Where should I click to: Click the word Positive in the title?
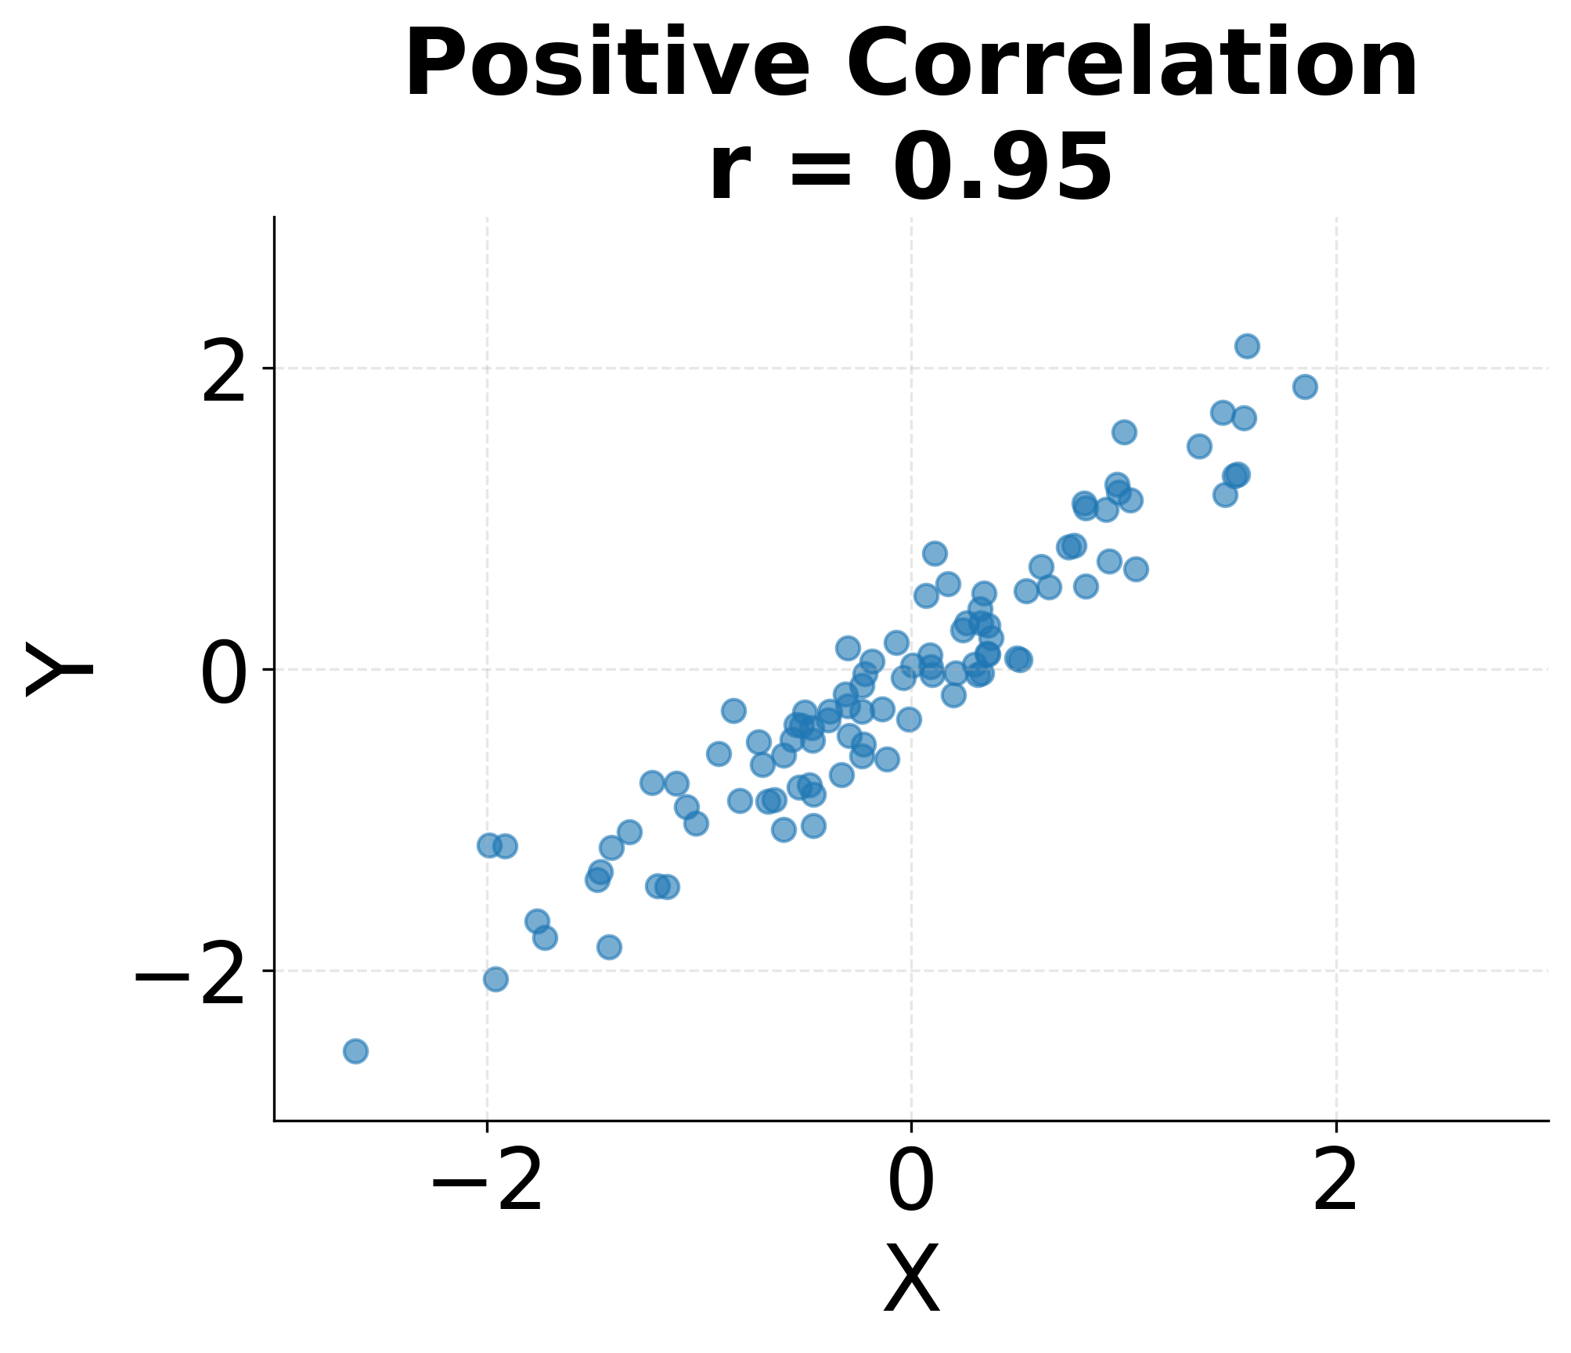[x=606, y=64]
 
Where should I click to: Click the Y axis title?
[x=59, y=669]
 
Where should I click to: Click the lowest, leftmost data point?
[x=355, y=1051]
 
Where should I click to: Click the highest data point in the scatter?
[x=1247, y=346]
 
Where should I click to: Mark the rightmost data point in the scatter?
[x=1305, y=387]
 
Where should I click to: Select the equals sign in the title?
[x=820, y=168]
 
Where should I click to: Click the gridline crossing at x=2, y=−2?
[x=1335, y=970]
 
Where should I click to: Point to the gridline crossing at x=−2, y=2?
[x=487, y=368]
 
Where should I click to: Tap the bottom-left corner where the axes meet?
[x=275, y=1121]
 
